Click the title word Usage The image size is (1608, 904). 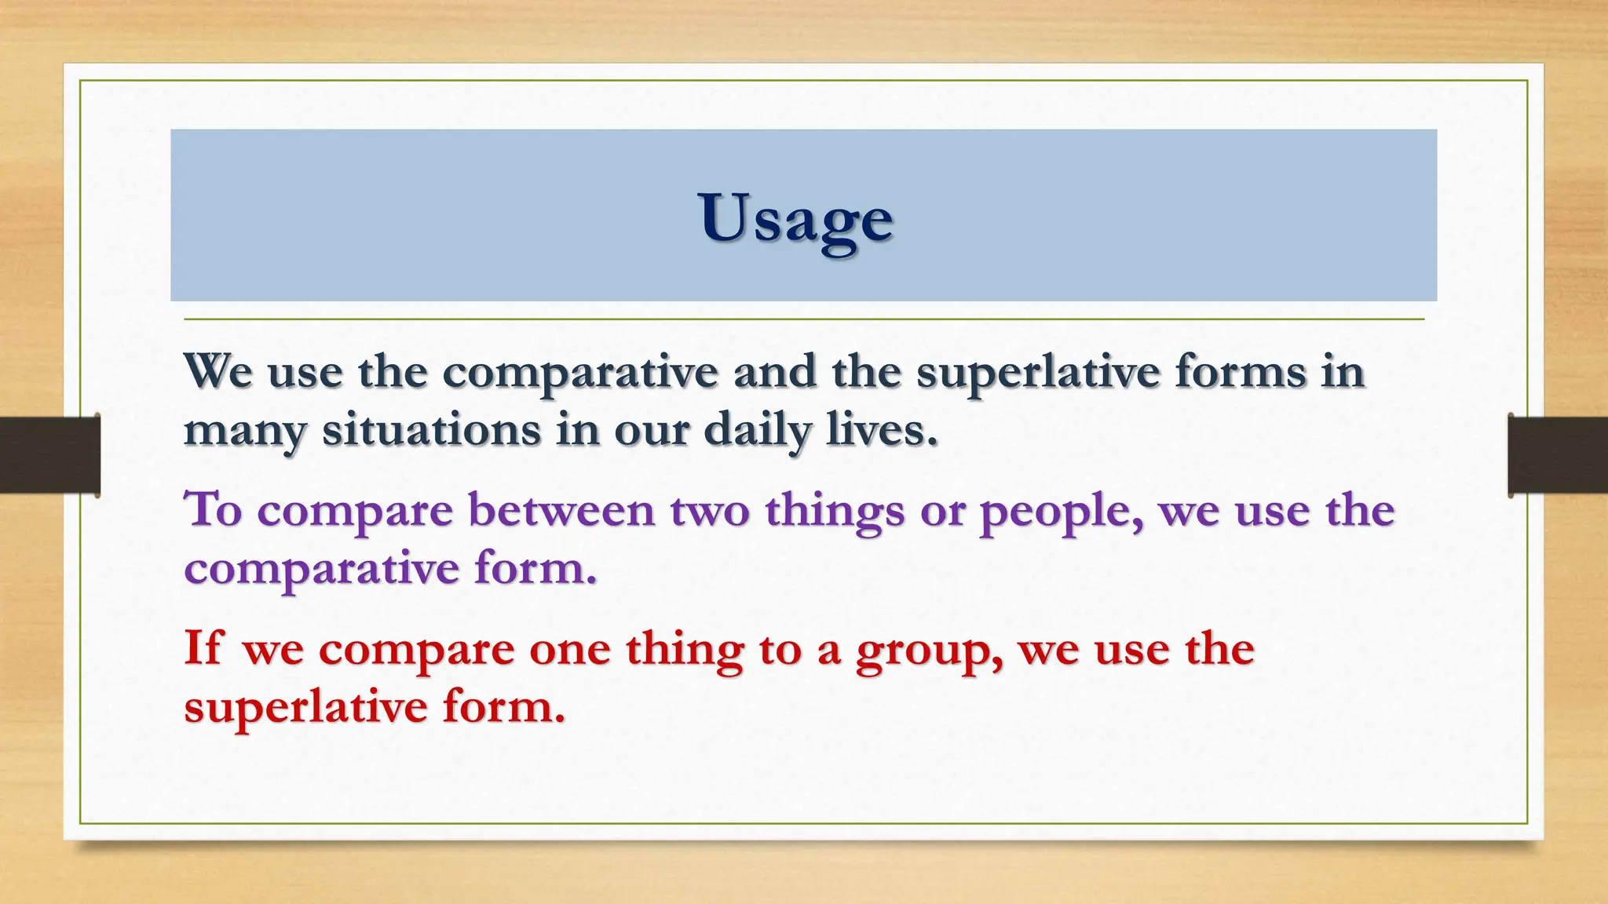coord(795,217)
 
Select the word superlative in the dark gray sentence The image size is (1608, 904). coord(1037,372)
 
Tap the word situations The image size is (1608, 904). coord(431,430)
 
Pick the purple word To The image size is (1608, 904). coord(212,509)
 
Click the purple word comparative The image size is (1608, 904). coord(320,569)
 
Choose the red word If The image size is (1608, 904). coord(203,648)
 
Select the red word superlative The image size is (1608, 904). coord(305,707)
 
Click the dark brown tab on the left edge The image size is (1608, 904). coord(49,454)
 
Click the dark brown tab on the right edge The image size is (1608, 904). coord(1558,455)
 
